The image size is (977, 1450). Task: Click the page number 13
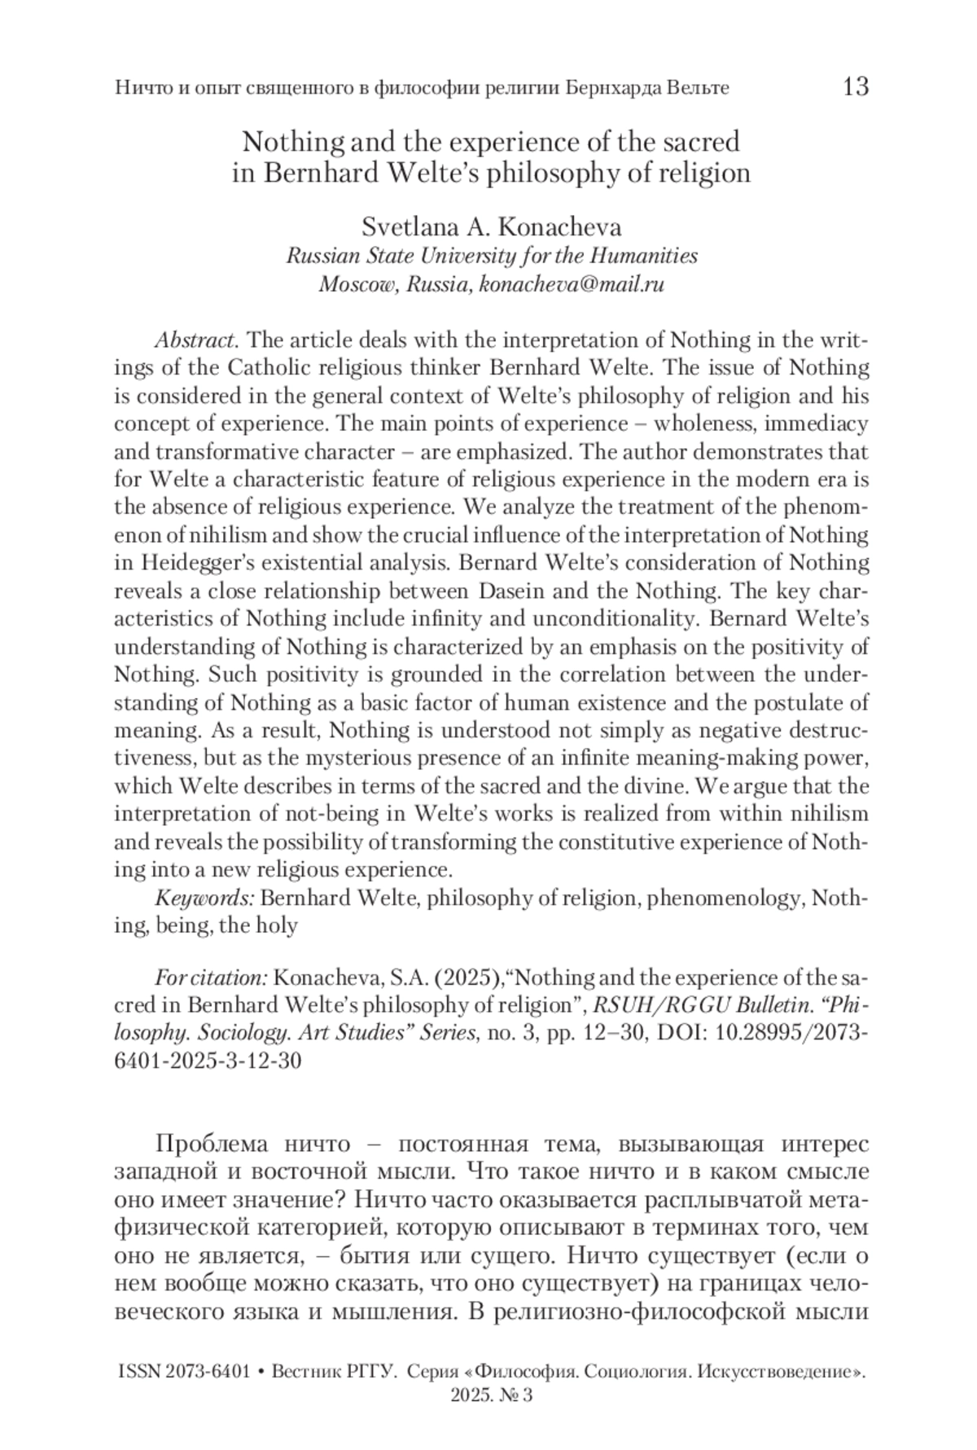pos(855,86)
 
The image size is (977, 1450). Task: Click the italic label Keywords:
pos(205,898)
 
